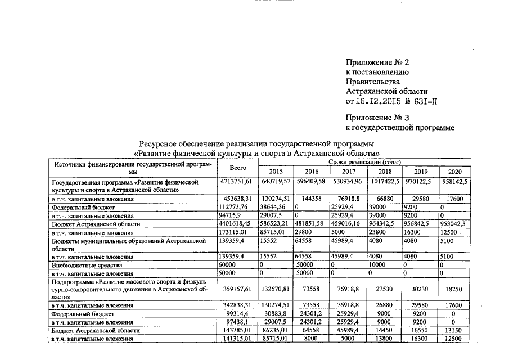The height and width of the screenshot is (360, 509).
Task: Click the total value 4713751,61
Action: [x=238, y=182]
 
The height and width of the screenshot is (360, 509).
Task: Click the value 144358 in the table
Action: [x=311, y=199]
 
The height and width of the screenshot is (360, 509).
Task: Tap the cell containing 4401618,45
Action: [x=238, y=223]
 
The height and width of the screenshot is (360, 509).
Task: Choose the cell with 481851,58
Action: [x=311, y=223]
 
